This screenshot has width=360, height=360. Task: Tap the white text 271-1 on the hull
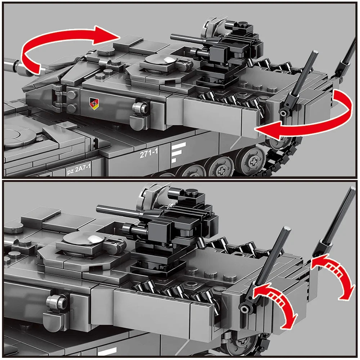[x=149, y=153]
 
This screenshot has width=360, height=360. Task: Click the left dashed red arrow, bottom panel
[x=277, y=302]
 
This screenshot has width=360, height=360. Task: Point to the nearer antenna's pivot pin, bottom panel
[x=245, y=308]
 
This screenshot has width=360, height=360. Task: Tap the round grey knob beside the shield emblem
[x=141, y=107]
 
